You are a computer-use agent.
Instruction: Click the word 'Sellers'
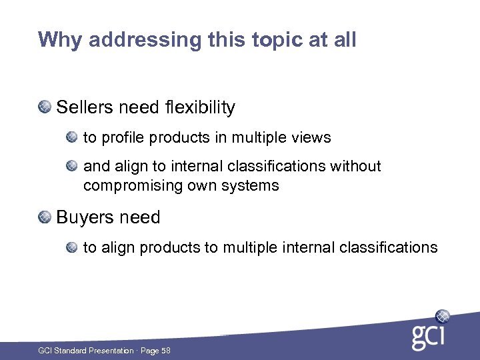pyautogui.click(x=83, y=107)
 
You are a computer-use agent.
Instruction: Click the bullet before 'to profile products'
pyautogui.click(x=72, y=137)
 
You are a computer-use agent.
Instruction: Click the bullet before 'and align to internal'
pyautogui.click(x=72, y=165)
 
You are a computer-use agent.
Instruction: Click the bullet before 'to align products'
pyautogui.click(x=72, y=247)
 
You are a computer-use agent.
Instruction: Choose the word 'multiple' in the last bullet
pyautogui.click(x=248, y=248)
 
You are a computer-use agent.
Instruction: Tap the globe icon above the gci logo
pyautogui.click(x=441, y=316)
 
